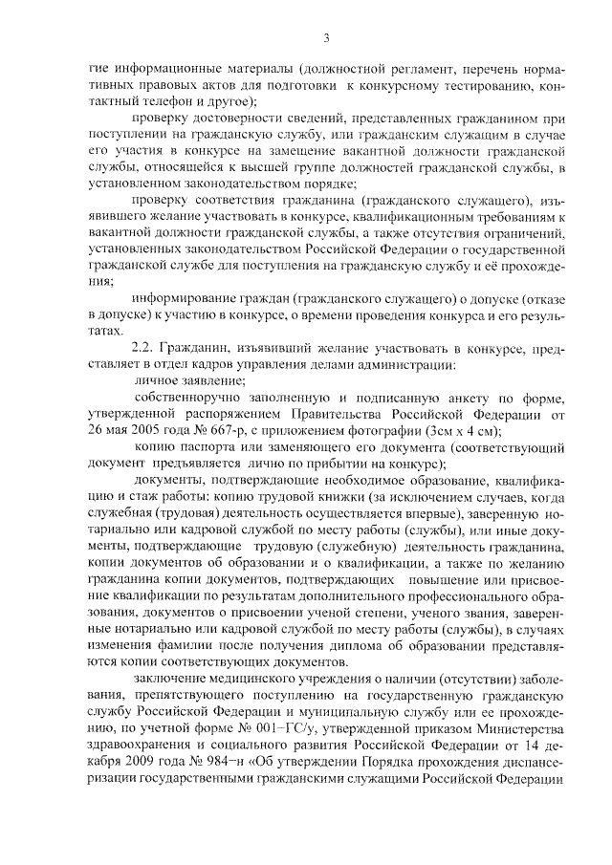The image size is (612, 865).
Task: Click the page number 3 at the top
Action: click(x=325, y=38)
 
